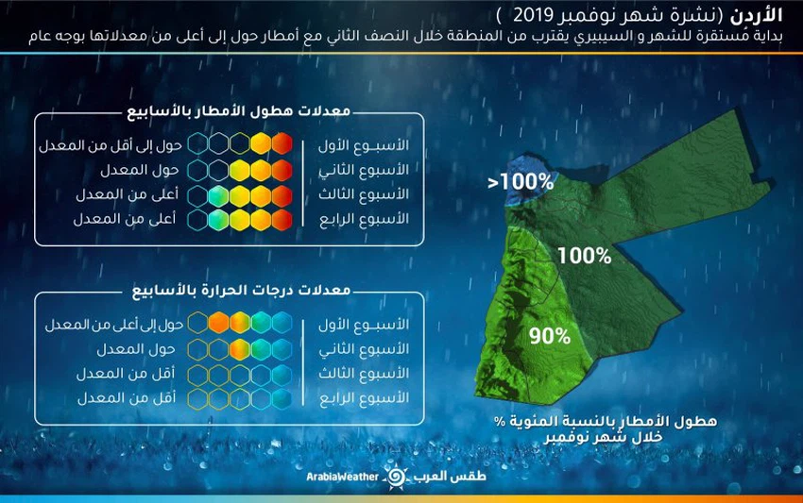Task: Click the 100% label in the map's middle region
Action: pos(583,255)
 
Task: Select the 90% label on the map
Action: pos(550,336)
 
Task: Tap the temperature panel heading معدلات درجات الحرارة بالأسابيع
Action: pos(227,290)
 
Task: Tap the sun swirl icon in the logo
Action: pos(397,477)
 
